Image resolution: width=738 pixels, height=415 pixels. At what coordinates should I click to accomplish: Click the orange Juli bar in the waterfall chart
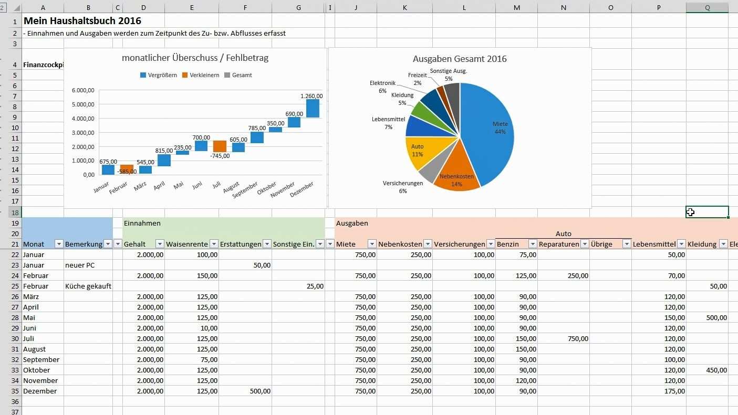[220, 146]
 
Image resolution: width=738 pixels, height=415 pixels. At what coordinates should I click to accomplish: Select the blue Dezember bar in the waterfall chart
[313, 108]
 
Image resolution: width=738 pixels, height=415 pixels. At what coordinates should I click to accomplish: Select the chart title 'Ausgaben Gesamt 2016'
[460, 59]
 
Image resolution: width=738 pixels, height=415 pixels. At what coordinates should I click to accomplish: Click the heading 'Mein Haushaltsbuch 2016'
[82, 21]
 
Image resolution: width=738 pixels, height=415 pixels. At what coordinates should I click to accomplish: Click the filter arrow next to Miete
[372, 244]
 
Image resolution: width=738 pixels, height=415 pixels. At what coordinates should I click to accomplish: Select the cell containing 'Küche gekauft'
[88, 286]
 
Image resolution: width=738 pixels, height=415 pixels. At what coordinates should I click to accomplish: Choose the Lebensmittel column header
[654, 244]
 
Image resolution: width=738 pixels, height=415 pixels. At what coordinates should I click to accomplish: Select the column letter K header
[404, 7]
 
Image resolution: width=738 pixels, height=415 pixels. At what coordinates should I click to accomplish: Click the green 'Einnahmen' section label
[142, 223]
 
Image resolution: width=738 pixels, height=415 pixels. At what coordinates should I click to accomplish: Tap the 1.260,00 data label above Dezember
[311, 96]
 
